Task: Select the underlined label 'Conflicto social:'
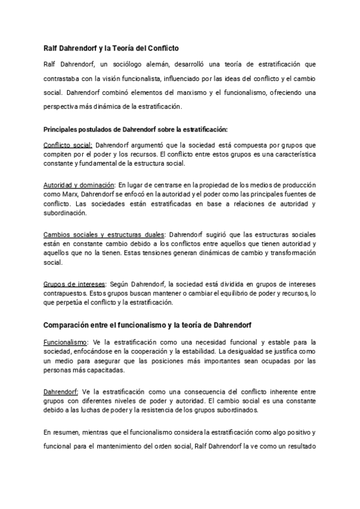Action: click(x=68, y=145)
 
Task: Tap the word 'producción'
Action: click(x=301, y=185)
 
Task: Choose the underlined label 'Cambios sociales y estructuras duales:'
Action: click(x=106, y=234)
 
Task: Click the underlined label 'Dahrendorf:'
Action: click(x=61, y=391)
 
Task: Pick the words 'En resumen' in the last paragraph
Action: click(x=61, y=432)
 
